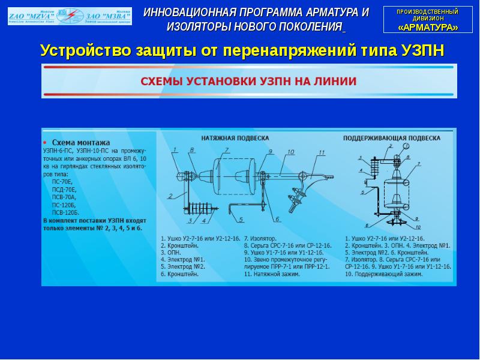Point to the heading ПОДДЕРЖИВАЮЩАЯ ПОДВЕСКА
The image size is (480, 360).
(391, 137)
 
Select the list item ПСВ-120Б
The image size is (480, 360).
(65, 212)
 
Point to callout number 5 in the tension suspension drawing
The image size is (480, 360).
(241, 220)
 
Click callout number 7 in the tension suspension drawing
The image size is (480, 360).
(227, 150)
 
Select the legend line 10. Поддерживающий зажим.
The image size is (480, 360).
(384, 274)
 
